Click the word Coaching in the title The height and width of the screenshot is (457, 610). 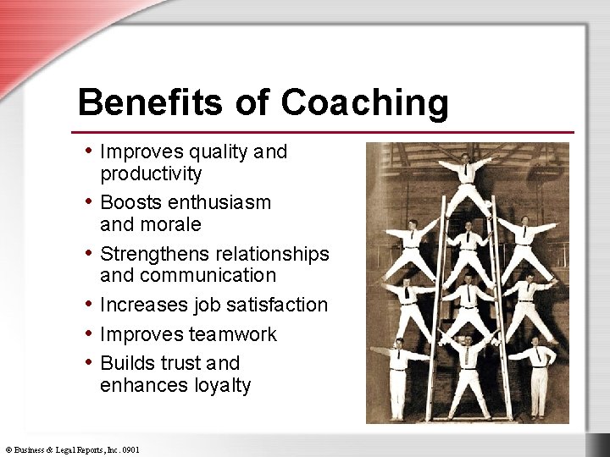364,104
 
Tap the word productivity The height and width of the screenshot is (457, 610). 151,174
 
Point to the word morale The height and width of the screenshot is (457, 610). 173,225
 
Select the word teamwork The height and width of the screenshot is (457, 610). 235,334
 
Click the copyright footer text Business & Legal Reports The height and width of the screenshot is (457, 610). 72,449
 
